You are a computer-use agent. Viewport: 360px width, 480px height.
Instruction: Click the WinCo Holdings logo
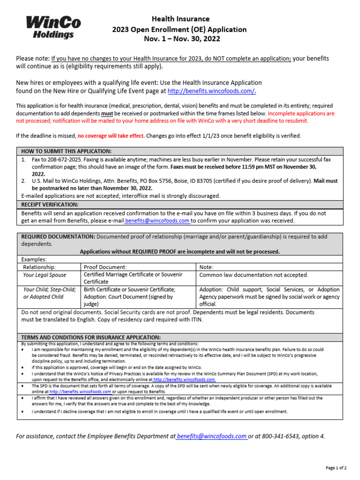click(53, 27)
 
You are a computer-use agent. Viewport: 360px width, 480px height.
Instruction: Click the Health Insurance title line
click(180, 19)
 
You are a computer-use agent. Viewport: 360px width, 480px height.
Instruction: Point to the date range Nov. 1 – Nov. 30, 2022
click(180, 39)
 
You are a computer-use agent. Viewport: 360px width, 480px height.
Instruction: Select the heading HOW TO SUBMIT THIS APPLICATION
click(67, 151)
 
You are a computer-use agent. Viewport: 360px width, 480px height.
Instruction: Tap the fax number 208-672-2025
click(62, 159)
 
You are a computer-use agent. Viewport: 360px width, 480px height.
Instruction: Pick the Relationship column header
click(39, 267)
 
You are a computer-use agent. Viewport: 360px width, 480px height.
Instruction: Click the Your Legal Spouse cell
click(45, 275)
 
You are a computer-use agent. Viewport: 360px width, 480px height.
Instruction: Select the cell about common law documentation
click(254, 275)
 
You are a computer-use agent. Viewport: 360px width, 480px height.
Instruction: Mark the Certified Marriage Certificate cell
click(133, 278)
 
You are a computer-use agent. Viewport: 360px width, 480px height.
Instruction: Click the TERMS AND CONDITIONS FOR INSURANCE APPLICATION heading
click(91, 337)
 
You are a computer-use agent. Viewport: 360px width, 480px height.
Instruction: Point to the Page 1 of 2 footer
click(336, 468)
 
